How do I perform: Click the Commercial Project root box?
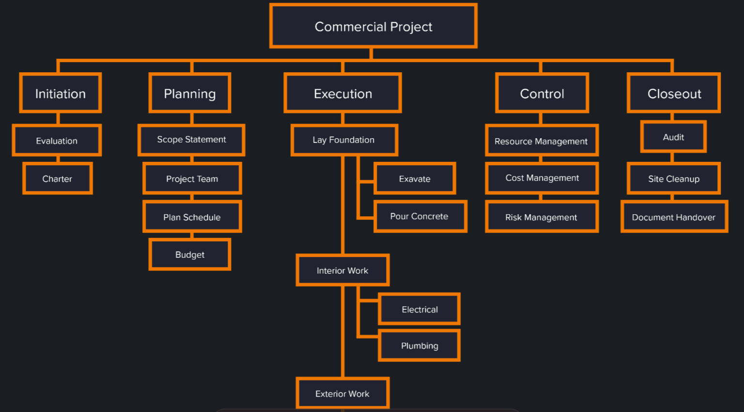click(x=373, y=26)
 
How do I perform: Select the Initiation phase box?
click(x=61, y=93)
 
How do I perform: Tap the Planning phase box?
click(x=190, y=93)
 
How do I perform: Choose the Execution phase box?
click(x=343, y=93)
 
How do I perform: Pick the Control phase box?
click(x=542, y=93)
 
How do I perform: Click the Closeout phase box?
click(x=674, y=93)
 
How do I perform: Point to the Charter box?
click(x=57, y=179)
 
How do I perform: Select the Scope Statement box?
click(x=191, y=140)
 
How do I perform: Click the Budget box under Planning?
click(x=190, y=254)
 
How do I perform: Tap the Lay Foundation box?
click(x=344, y=140)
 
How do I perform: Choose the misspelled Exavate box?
click(x=415, y=179)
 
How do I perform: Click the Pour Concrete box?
click(x=419, y=216)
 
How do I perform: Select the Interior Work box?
click(x=342, y=270)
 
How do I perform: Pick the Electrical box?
click(x=419, y=309)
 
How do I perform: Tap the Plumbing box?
click(x=419, y=346)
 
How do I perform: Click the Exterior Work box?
click(x=342, y=394)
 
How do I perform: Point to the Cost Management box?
click(x=542, y=178)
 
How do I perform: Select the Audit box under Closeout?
click(x=673, y=137)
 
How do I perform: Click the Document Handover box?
click(x=674, y=217)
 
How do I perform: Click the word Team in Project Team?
click(x=207, y=179)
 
